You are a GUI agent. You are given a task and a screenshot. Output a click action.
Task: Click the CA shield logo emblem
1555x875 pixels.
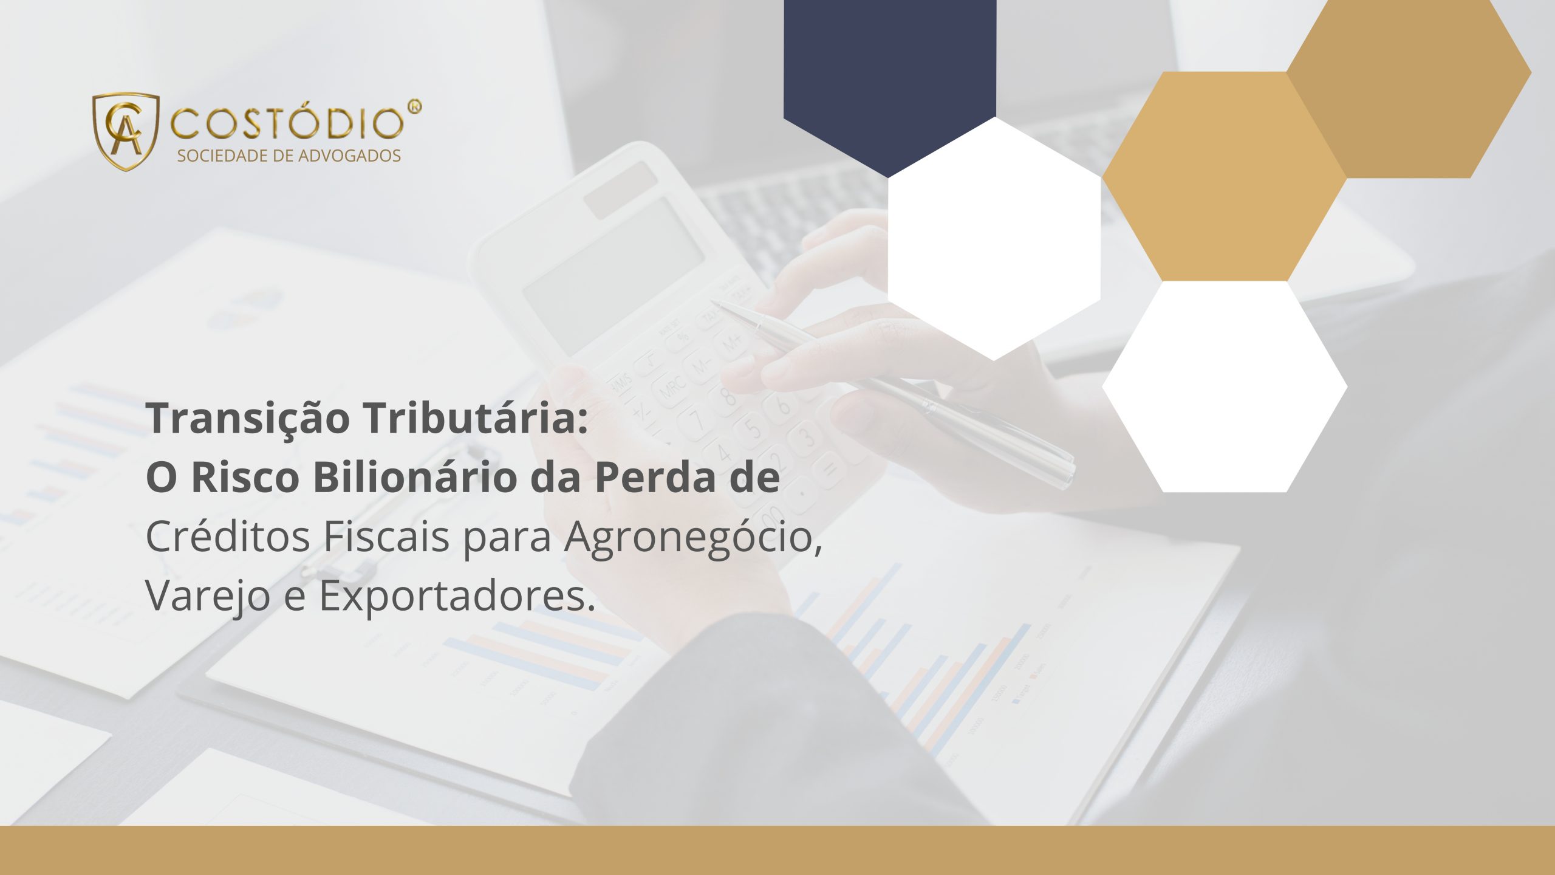[x=126, y=131]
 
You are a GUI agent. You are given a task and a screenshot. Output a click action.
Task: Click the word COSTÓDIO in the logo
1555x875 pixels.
[x=287, y=123]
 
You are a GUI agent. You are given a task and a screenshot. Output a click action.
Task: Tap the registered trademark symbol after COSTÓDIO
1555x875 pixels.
[x=414, y=107]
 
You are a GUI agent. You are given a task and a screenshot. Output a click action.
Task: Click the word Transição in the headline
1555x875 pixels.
[x=248, y=419]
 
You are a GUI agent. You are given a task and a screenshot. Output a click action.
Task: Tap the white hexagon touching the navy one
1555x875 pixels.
[x=994, y=239]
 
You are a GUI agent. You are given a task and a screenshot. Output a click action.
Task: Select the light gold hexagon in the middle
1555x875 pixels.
[x=1224, y=176]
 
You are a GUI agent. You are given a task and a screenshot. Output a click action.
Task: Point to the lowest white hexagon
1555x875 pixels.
[x=1225, y=387]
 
